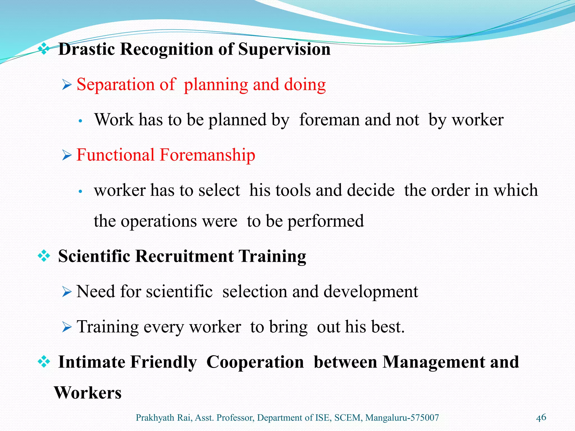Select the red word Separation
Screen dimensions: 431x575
[115, 84]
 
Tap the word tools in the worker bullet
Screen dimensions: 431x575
[293, 190]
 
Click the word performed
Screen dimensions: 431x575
[326, 222]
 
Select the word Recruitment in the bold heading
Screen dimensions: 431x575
[184, 256]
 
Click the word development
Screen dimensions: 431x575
[371, 292]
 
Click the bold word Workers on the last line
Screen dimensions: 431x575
[88, 393]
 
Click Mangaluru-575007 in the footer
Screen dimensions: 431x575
[402, 418]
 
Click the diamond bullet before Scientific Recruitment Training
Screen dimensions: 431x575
[44, 256]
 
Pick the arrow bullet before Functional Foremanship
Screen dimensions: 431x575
[67, 155]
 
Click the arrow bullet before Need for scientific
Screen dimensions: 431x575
[67, 292]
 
